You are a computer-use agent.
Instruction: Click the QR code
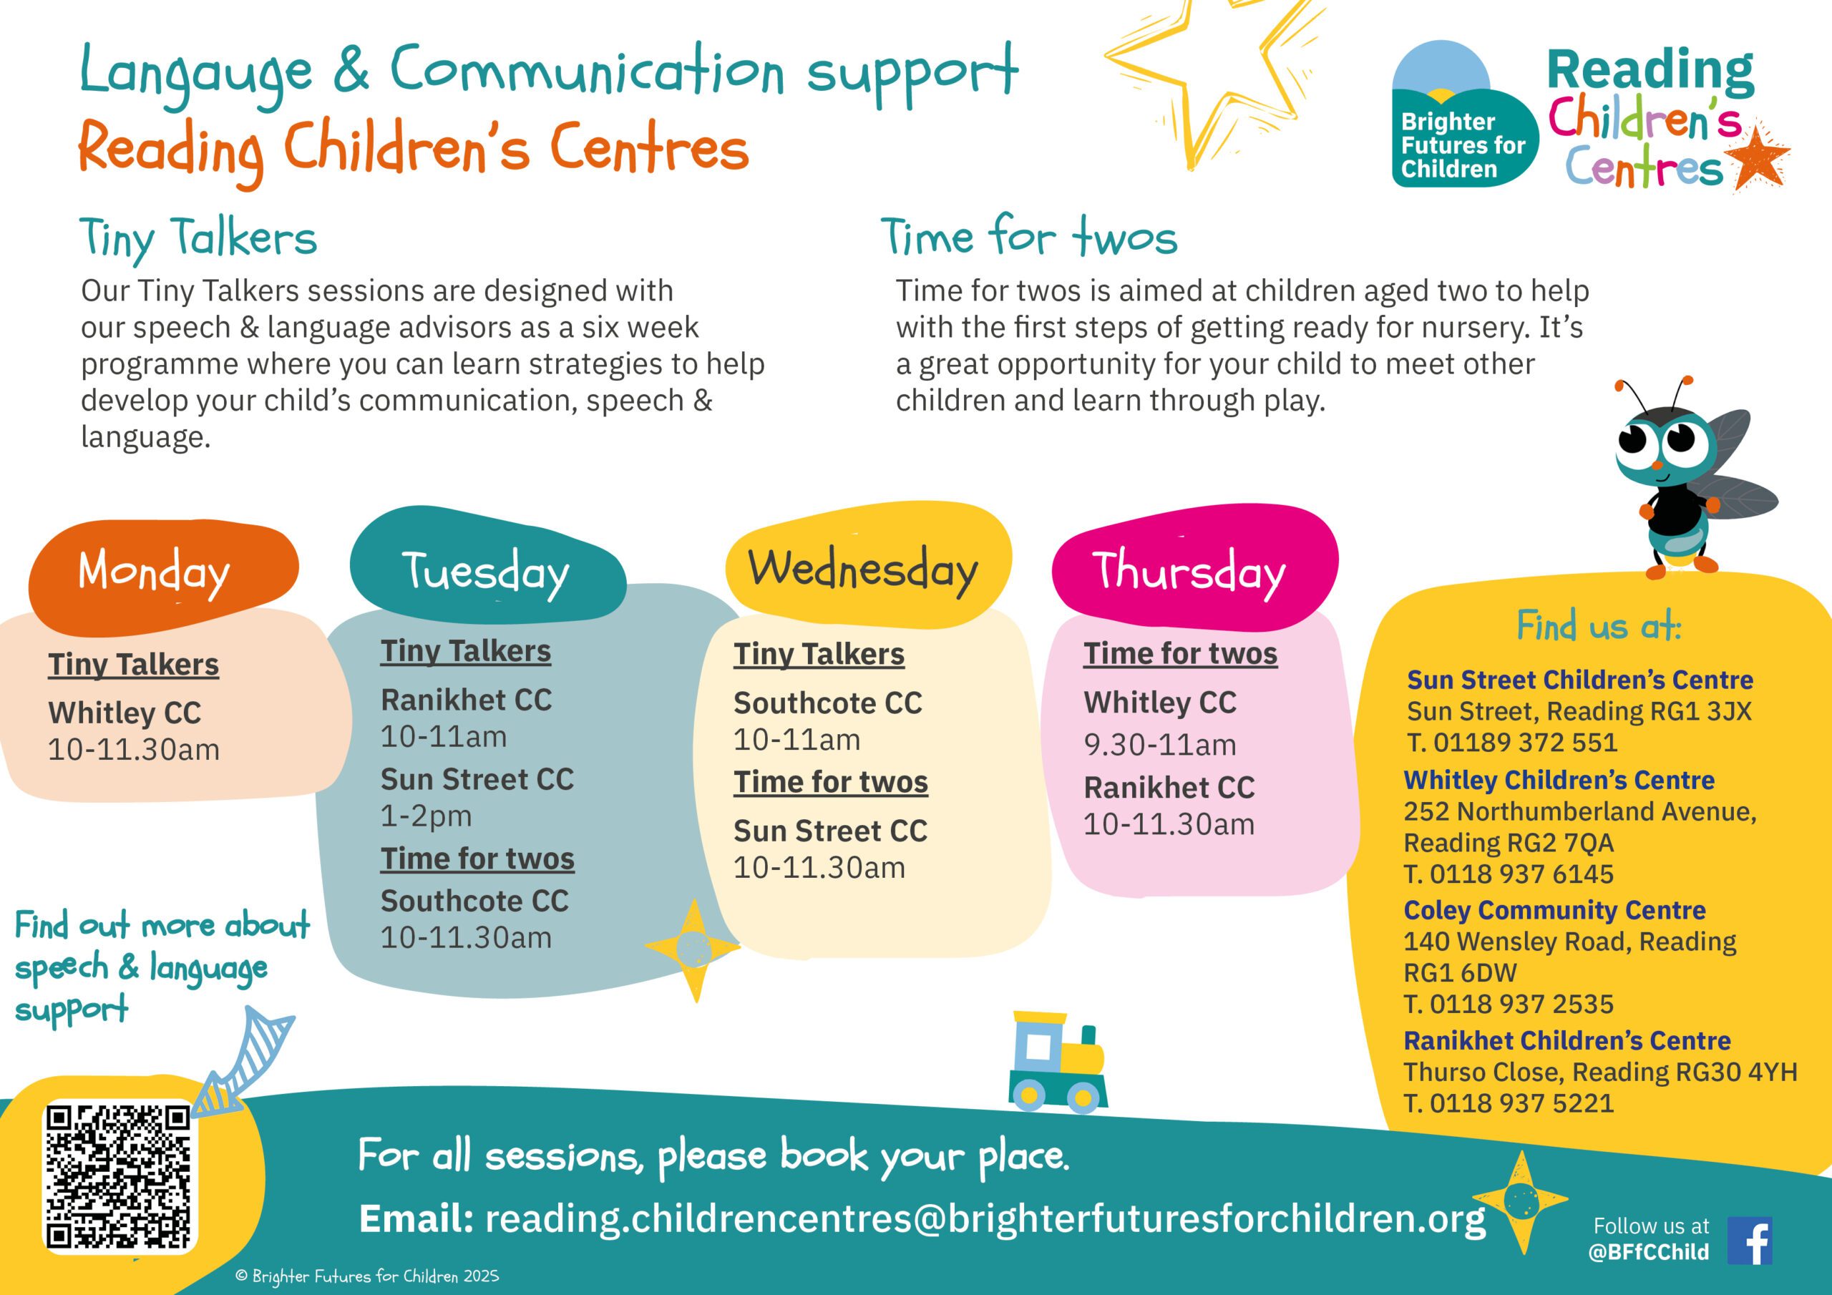120,1176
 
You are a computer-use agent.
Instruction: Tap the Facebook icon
1749,1241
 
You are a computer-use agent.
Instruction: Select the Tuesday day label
485,572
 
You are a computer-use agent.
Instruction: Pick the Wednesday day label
862,570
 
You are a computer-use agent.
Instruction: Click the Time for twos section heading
1028,237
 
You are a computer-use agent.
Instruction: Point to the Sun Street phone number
1512,743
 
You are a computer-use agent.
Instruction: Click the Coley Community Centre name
1554,909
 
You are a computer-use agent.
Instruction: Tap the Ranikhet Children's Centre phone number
1508,1103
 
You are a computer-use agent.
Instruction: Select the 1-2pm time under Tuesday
426,816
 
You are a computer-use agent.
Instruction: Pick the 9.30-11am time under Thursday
1159,744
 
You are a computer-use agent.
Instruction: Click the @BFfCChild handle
1649,1251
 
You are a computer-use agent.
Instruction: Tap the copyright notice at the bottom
367,1276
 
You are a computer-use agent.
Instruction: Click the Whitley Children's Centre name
1559,780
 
